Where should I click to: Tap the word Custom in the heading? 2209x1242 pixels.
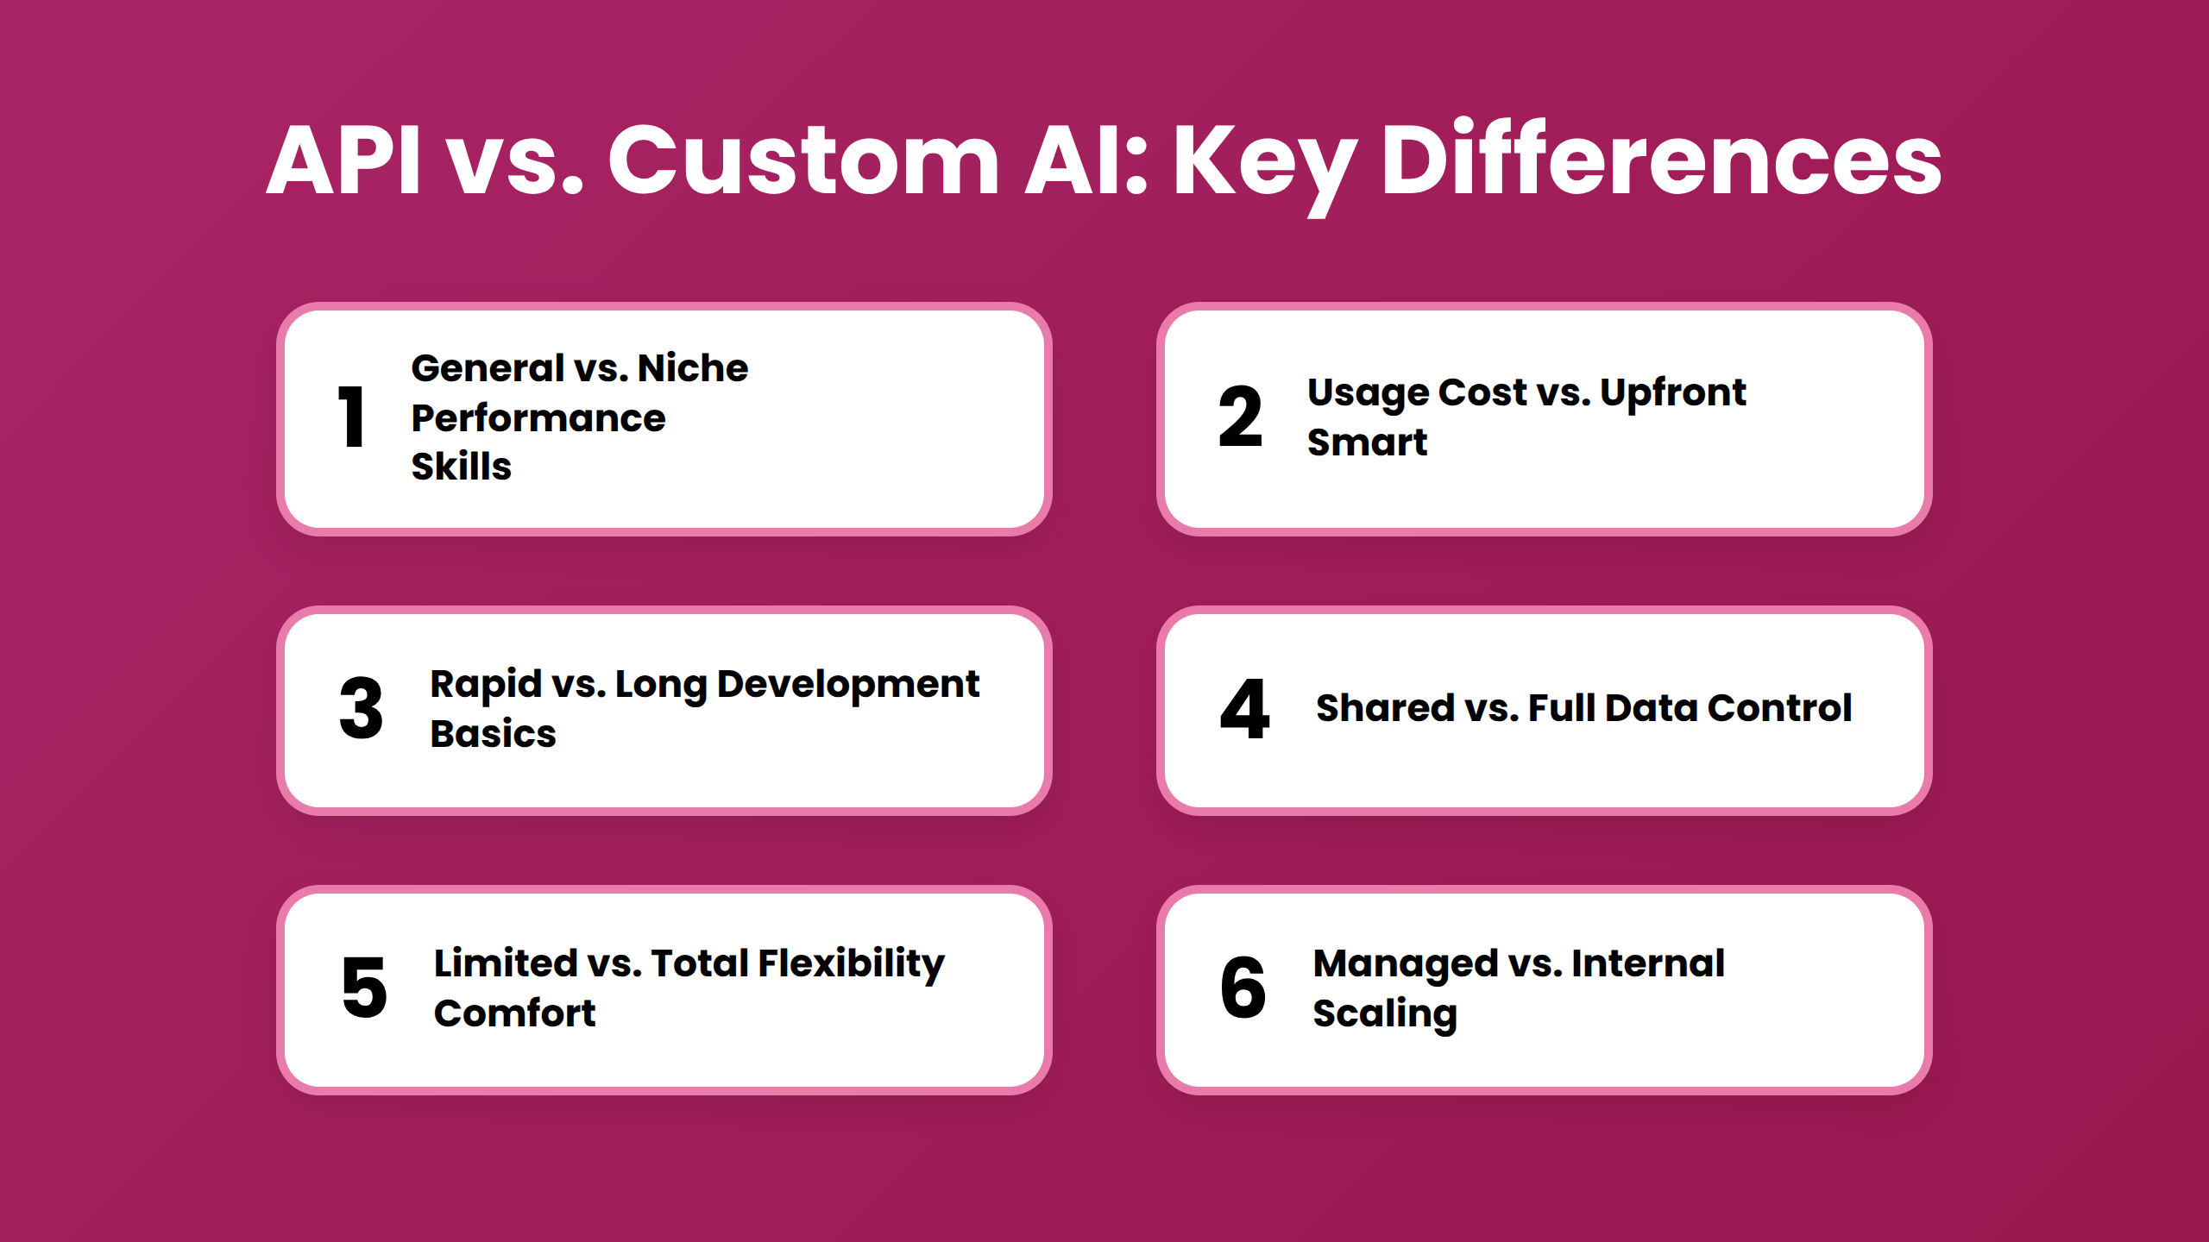803,160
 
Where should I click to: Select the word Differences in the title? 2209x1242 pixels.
1661,160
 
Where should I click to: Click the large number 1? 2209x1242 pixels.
351,417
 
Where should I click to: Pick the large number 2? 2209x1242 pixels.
1240,417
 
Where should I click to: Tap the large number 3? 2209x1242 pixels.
361,709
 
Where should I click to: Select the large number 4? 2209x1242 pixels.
1244,709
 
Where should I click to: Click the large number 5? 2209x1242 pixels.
364,988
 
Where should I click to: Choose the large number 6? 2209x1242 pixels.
1243,988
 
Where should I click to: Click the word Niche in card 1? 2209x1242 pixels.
692,368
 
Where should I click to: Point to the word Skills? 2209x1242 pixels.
461,467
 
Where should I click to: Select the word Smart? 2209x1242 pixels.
1367,442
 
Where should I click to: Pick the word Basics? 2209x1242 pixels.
493,734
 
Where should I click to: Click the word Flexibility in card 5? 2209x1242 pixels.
851,964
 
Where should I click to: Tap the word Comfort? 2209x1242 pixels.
514,1013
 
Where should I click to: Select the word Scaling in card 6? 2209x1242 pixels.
1384,1014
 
